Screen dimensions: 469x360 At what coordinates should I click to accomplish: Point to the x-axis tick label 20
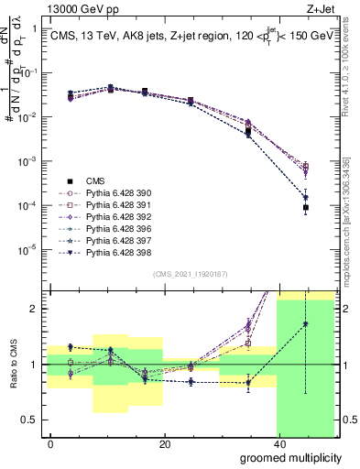(x=164, y=443)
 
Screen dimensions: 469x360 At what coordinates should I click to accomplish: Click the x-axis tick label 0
(x=50, y=443)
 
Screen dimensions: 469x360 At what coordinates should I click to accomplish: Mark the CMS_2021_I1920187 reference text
(x=190, y=273)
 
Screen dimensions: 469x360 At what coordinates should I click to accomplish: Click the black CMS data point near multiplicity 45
(x=306, y=208)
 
